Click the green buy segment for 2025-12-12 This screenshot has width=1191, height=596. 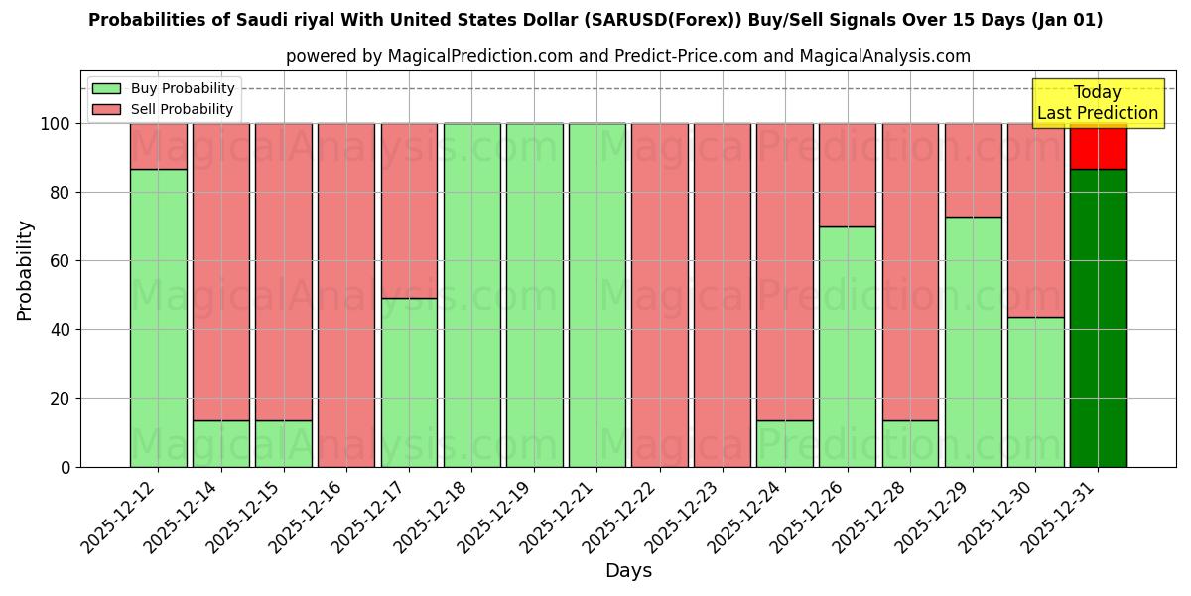pyautogui.click(x=158, y=318)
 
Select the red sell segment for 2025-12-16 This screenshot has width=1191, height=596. pyautogui.click(x=346, y=295)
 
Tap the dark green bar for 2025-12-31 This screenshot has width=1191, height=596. pyautogui.click(x=1098, y=318)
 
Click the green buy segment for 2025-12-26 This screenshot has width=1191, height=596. pyautogui.click(x=847, y=347)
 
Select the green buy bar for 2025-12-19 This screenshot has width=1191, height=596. pyautogui.click(x=534, y=295)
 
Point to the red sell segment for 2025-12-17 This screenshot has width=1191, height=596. pyautogui.click(x=409, y=211)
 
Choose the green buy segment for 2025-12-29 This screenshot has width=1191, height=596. pyautogui.click(x=973, y=342)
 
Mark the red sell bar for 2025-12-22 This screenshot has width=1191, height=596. pyautogui.click(x=659, y=295)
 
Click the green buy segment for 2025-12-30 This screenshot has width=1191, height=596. pyautogui.click(x=1035, y=391)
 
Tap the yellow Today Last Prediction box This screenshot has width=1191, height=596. pyautogui.click(x=1097, y=103)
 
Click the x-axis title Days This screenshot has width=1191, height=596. pyautogui.click(x=628, y=571)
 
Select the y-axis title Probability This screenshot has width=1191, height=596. pyautogui.click(x=25, y=270)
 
